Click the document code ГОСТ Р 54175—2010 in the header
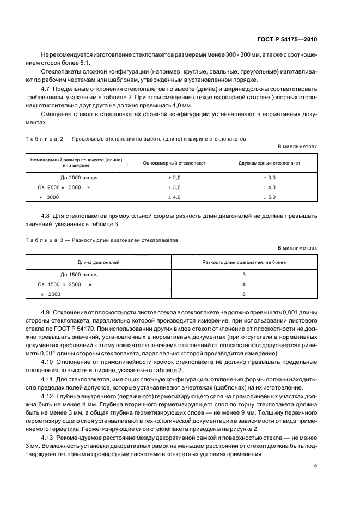[x=287, y=40]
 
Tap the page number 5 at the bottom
[x=315, y=466]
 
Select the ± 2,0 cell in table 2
[x=174, y=178]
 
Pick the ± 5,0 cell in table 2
[x=270, y=197]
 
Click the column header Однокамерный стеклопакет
[x=174, y=162]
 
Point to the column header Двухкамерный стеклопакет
[x=270, y=162]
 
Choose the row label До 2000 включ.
[x=80, y=178]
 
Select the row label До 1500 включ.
[x=80, y=275]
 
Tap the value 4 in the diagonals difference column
[x=244, y=284]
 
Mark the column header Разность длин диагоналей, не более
[x=244, y=262]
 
